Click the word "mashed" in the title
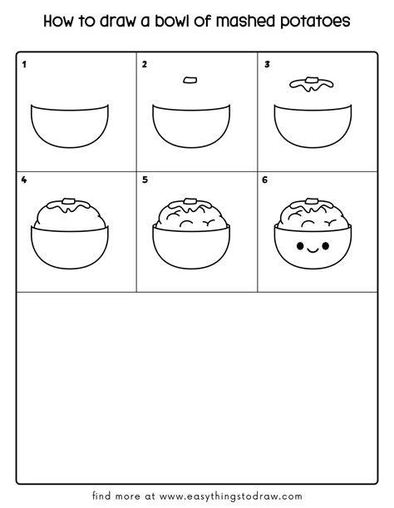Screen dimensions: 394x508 pyautogui.click(x=246, y=21)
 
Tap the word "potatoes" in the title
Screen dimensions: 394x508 pyautogui.click(x=315, y=22)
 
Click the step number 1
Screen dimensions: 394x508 pyautogui.click(x=24, y=65)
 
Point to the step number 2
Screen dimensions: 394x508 pyautogui.click(x=145, y=65)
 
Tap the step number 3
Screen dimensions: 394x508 pyautogui.click(x=267, y=65)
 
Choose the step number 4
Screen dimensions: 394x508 pyautogui.click(x=24, y=180)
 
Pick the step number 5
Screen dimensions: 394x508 pyautogui.click(x=145, y=180)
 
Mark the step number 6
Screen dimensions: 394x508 pyautogui.click(x=265, y=180)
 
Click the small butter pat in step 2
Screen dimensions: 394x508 pyautogui.click(x=190, y=80)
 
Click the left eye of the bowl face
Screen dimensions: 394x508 pyautogui.click(x=300, y=246)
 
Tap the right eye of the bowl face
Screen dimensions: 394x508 pyautogui.click(x=326, y=246)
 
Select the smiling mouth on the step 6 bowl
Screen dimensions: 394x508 pyautogui.click(x=313, y=250)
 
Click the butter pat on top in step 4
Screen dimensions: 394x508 pyautogui.click(x=69, y=201)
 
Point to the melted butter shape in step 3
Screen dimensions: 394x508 pyautogui.click(x=312, y=85)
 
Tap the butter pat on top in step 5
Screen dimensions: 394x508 pyautogui.click(x=190, y=201)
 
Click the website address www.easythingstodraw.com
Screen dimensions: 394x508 pyautogui.click(x=231, y=496)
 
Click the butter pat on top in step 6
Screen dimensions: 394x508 pyautogui.click(x=312, y=201)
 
